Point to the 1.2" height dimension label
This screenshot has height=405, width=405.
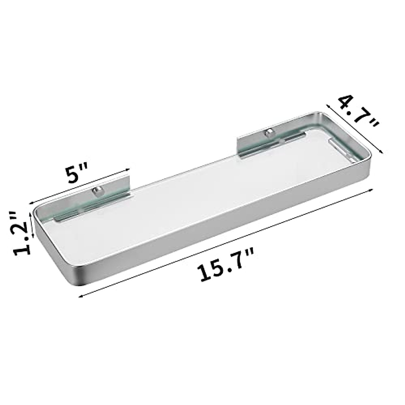pyautogui.click(x=21, y=233)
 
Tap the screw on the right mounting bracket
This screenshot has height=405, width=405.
pyautogui.click(x=269, y=132)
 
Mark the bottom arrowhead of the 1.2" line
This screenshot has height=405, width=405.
pyautogui.click(x=33, y=237)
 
